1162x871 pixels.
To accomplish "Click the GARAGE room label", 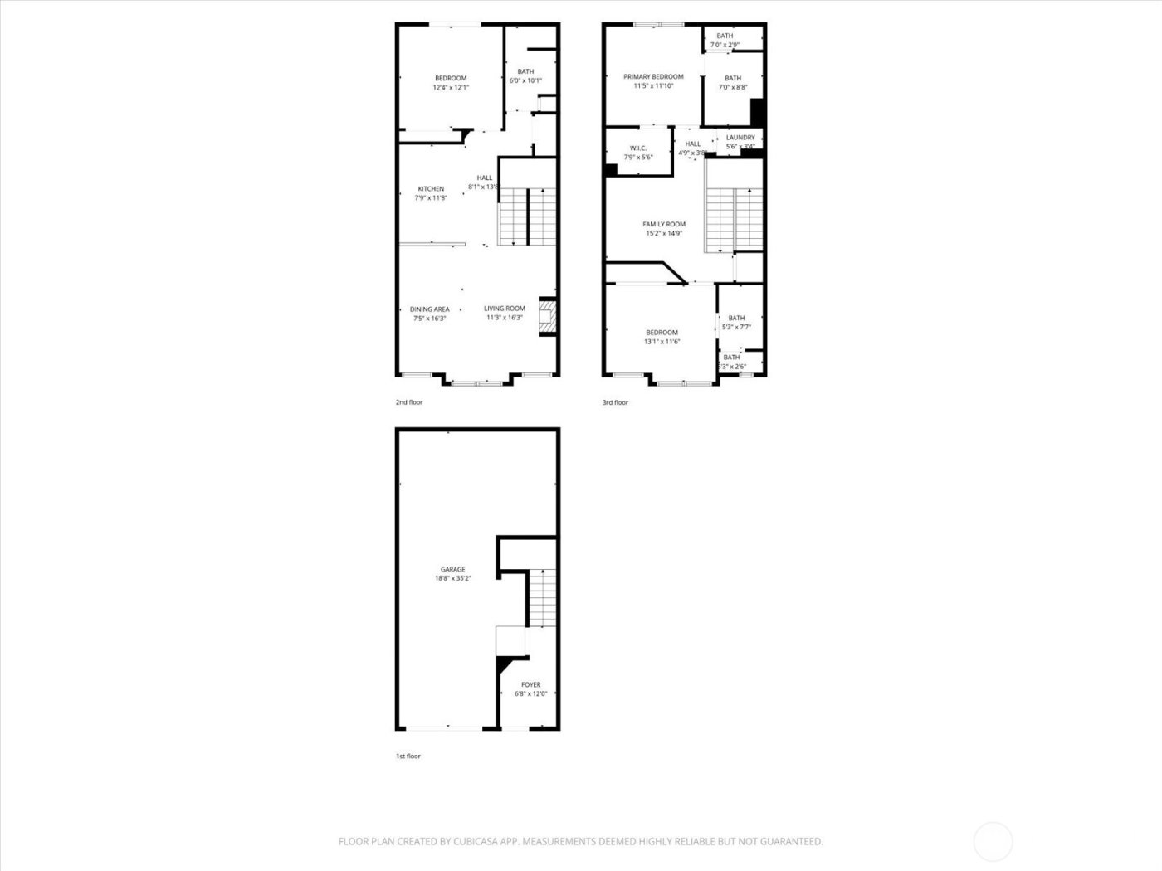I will point(452,569).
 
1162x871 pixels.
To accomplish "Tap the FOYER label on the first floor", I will point(530,685).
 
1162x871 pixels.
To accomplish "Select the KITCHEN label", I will point(431,189).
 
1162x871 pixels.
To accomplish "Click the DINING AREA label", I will point(429,309).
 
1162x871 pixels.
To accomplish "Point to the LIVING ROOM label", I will point(505,309).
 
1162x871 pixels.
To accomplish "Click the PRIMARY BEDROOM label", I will point(653,77).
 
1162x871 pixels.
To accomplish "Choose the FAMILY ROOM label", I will point(664,224).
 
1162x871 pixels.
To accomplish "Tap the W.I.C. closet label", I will point(638,148).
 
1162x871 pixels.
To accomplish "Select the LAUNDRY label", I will point(740,138).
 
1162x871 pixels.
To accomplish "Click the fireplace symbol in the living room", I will point(547,317).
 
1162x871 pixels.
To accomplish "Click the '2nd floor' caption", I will point(409,402).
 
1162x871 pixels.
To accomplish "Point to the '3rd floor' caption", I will point(616,402).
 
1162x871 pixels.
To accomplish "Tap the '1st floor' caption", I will point(408,757).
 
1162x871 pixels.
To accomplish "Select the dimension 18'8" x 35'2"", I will point(453,579).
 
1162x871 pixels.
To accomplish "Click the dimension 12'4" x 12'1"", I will point(451,87).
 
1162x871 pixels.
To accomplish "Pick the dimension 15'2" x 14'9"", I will point(664,234).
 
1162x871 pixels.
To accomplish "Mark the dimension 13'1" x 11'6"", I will point(662,342).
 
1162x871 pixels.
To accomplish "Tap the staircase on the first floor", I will point(542,597).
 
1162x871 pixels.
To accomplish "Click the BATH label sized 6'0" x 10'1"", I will point(525,71).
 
